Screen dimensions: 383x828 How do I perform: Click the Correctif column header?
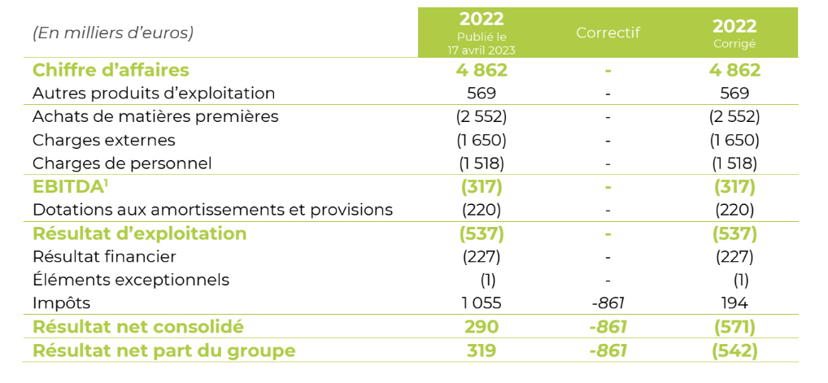tap(608, 33)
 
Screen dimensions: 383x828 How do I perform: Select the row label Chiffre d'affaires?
tap(111, 70)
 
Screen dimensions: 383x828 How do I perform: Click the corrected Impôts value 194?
tap(734, 303)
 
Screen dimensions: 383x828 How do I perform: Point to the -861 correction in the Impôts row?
tap(608, 303)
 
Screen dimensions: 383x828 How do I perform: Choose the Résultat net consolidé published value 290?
tap(482, 327)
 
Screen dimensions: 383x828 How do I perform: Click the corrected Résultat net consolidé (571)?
tap(734, 327)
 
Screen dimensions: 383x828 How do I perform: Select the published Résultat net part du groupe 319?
tap(482, 350)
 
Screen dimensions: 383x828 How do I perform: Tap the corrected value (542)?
tap(734, 350)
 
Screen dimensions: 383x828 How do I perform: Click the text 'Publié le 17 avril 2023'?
tap(482, 44)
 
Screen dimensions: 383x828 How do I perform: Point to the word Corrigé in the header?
tap(734, 44)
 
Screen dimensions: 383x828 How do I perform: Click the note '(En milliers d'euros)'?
tap(113, 33)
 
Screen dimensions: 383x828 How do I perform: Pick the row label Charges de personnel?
tap(122, 163)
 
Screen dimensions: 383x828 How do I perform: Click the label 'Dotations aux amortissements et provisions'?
tap(212, 210)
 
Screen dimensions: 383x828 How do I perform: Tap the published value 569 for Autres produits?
tap(482, 94)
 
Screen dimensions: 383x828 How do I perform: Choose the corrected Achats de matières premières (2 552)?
tap(734, 116)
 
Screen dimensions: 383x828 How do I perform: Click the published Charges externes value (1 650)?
tap(482, 140)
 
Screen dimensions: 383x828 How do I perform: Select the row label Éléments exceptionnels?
tap(131, 280)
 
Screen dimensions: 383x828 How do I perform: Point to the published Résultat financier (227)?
tap(482, 257)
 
